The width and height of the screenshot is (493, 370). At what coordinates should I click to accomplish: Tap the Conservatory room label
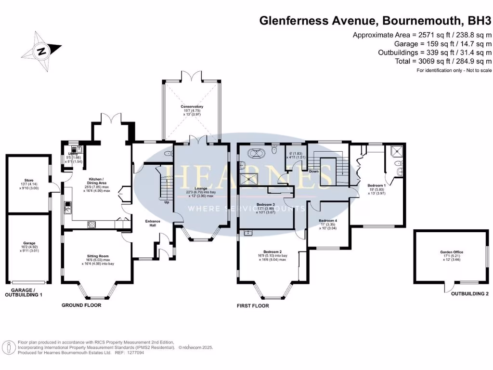click(192, 106)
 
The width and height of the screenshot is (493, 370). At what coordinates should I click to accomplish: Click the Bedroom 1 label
click(376, 185)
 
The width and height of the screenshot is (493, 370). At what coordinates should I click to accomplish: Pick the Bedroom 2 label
click(272, 251)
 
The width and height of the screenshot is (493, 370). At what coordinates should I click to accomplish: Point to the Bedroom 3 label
click(266, 204)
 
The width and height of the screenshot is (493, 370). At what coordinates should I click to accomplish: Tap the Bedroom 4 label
click(328, 221)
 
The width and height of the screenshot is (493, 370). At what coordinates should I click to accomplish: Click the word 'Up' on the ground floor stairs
click(167, 202)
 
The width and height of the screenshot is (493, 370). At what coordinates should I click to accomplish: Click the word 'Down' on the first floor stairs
click(313, 171)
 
